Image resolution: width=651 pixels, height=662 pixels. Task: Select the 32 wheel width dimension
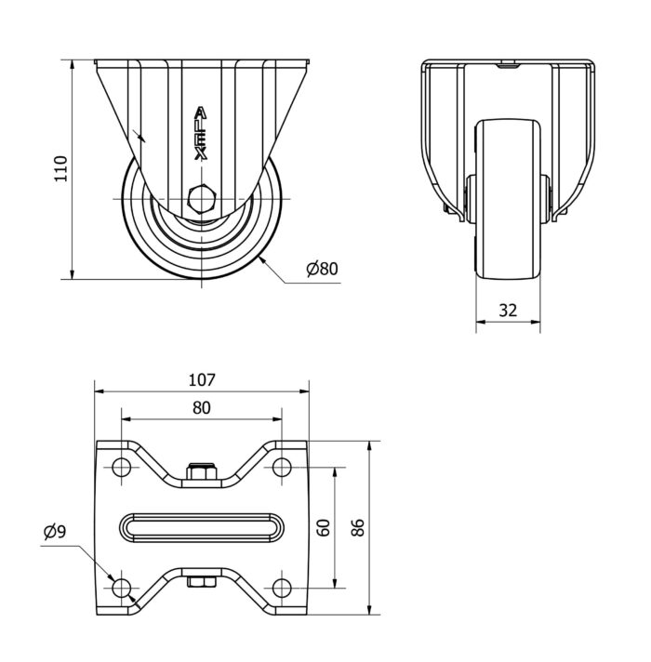click(507, 311)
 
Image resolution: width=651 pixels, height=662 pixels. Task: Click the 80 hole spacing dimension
click(201, 407)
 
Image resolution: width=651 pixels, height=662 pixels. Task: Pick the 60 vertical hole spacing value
click(323, 528)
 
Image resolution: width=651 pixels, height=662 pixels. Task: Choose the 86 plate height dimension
click(357, 527)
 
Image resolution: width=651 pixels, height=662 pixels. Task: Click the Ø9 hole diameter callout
click(54, 532)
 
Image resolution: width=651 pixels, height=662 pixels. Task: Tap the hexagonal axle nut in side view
click(201, 199)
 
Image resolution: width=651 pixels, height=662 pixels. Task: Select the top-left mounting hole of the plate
click(121, 467)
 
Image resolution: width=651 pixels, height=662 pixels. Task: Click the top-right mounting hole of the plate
click(281, 467)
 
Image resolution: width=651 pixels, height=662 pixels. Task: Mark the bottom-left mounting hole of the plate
click(121, 588)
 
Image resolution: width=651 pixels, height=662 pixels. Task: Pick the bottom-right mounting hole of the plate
click(281, 588)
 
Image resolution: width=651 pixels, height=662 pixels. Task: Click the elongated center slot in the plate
click(201, 527)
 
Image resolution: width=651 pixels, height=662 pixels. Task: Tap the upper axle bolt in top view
click(201, 472)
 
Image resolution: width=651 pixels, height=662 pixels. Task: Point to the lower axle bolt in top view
click(201, 583)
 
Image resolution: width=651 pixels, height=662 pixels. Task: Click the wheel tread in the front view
click(507, 200)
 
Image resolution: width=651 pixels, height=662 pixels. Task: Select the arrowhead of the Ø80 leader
click(263, 258)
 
